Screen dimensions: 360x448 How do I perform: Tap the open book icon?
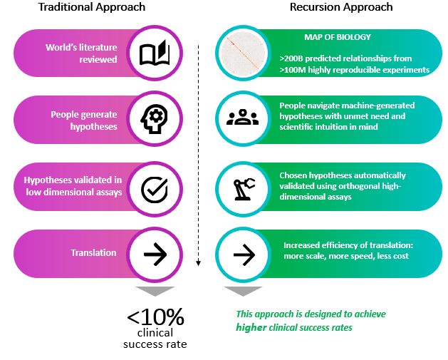[154, 53]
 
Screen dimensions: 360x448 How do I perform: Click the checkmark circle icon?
[154, 187]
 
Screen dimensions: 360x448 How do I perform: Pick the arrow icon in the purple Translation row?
[154, 253]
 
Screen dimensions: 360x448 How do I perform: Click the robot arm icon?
[243, 187]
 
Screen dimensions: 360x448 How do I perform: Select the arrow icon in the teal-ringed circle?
[243, 253]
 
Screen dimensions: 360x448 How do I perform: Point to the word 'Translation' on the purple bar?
[93, 253]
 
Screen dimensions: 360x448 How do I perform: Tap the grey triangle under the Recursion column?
[243, 291]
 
